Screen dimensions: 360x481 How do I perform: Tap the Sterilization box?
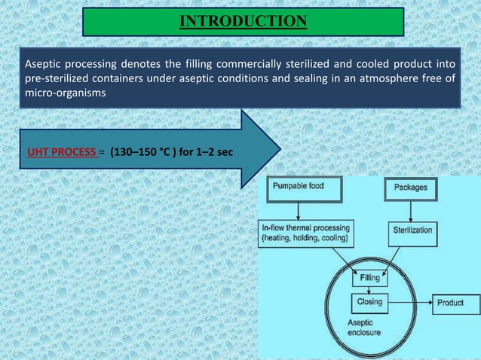411,230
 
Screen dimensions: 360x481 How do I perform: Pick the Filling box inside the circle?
369,278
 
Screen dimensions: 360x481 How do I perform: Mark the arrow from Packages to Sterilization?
411,208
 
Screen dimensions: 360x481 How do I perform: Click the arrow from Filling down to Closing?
369,290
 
